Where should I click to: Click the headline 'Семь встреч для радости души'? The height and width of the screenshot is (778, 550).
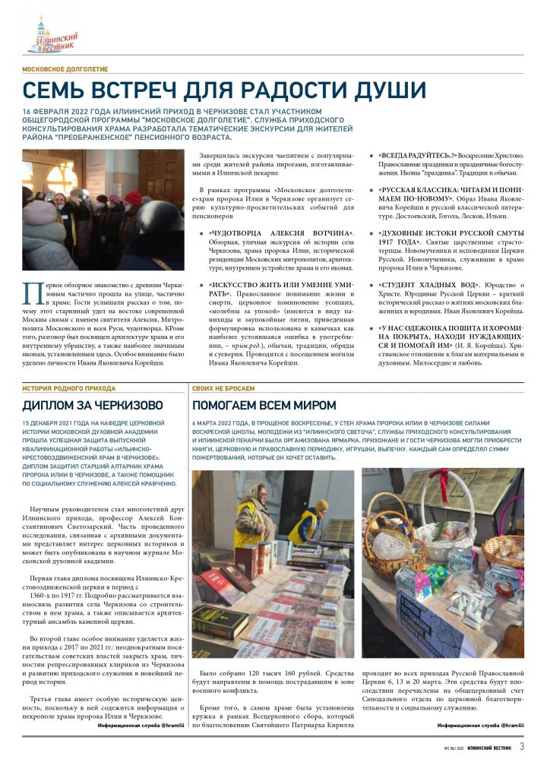224,90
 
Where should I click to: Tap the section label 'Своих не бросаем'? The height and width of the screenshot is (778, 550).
219,388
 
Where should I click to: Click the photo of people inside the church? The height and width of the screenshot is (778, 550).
93,210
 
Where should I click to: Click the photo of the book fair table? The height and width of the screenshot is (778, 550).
273,563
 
